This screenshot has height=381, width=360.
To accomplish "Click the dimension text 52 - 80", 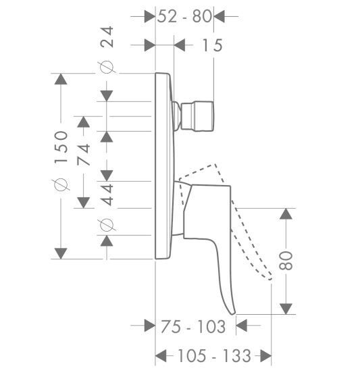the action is click(x=184, y=16).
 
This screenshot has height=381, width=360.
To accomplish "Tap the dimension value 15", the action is click(x=212, y=45).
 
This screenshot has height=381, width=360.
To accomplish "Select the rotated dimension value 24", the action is click(x=107, y=36).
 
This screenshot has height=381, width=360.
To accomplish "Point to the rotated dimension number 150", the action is click(x=61, y=147).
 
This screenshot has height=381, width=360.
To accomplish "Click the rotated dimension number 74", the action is click(x=84, y=155).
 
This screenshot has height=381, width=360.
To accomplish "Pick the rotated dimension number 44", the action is click(x=107, y=195).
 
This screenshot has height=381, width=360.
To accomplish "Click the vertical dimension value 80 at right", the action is click(x=286, y=261).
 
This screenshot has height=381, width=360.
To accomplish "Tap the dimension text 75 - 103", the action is click(x=193, y=326).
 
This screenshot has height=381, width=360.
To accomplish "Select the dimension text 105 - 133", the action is click(x=214, y=356).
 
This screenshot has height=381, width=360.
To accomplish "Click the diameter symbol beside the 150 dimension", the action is click(x=61, y=184).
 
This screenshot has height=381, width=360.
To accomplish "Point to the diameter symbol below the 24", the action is click(x=107, y=67).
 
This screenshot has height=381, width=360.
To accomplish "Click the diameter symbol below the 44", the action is click(x=107, y=225).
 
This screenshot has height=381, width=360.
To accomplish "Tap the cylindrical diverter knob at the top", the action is click(x=197, y=116).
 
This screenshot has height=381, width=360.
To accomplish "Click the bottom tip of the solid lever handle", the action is click(x=233, y=313).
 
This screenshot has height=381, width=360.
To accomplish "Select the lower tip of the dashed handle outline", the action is click(x=270, y=279).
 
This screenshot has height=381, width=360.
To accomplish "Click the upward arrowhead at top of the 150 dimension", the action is click(x=61, y=79).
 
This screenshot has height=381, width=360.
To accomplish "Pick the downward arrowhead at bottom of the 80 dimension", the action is click(x=286, y=309).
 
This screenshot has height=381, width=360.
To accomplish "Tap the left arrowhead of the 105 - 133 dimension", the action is click(x=161, y=356).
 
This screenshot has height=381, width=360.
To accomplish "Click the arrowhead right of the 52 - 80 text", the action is click(x=219, y=16).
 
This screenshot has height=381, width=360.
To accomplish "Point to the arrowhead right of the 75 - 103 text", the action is click(x=241, y=326).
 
